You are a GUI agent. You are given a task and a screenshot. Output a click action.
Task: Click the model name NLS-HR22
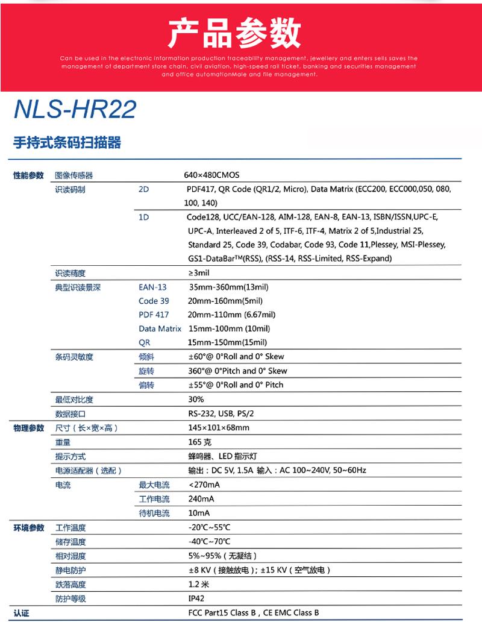[75, 109]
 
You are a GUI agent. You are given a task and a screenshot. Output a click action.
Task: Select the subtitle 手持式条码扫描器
[67, 143]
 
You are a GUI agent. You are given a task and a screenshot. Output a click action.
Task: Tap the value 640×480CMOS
[211, 175]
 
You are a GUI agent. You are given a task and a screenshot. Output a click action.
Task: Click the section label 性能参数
[29, 175]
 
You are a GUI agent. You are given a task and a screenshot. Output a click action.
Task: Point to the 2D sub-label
[143, 189]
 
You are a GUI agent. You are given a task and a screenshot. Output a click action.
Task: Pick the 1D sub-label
[143, 217]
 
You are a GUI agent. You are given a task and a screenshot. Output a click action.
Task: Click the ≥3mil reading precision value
[199, 273]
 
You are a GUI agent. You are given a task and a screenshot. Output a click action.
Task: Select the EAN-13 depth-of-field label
[152, 287]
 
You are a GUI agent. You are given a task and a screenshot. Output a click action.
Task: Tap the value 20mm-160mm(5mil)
[225, 301]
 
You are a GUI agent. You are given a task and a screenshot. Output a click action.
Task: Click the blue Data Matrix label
[160, 328]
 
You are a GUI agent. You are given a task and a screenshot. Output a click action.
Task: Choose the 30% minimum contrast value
[196, 400]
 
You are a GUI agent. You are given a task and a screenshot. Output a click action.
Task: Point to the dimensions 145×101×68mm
[219, 428]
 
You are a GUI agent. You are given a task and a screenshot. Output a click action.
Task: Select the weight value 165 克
[200, 442]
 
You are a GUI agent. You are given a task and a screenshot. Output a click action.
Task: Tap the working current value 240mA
[201, 499]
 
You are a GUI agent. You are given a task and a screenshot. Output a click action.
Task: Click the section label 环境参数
[29, 528]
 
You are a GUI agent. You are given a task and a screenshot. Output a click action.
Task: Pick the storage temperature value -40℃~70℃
[209, 542]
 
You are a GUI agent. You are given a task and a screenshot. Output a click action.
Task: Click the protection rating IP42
[196, 598]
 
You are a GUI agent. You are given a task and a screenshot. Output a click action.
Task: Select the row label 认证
[22, 613]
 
